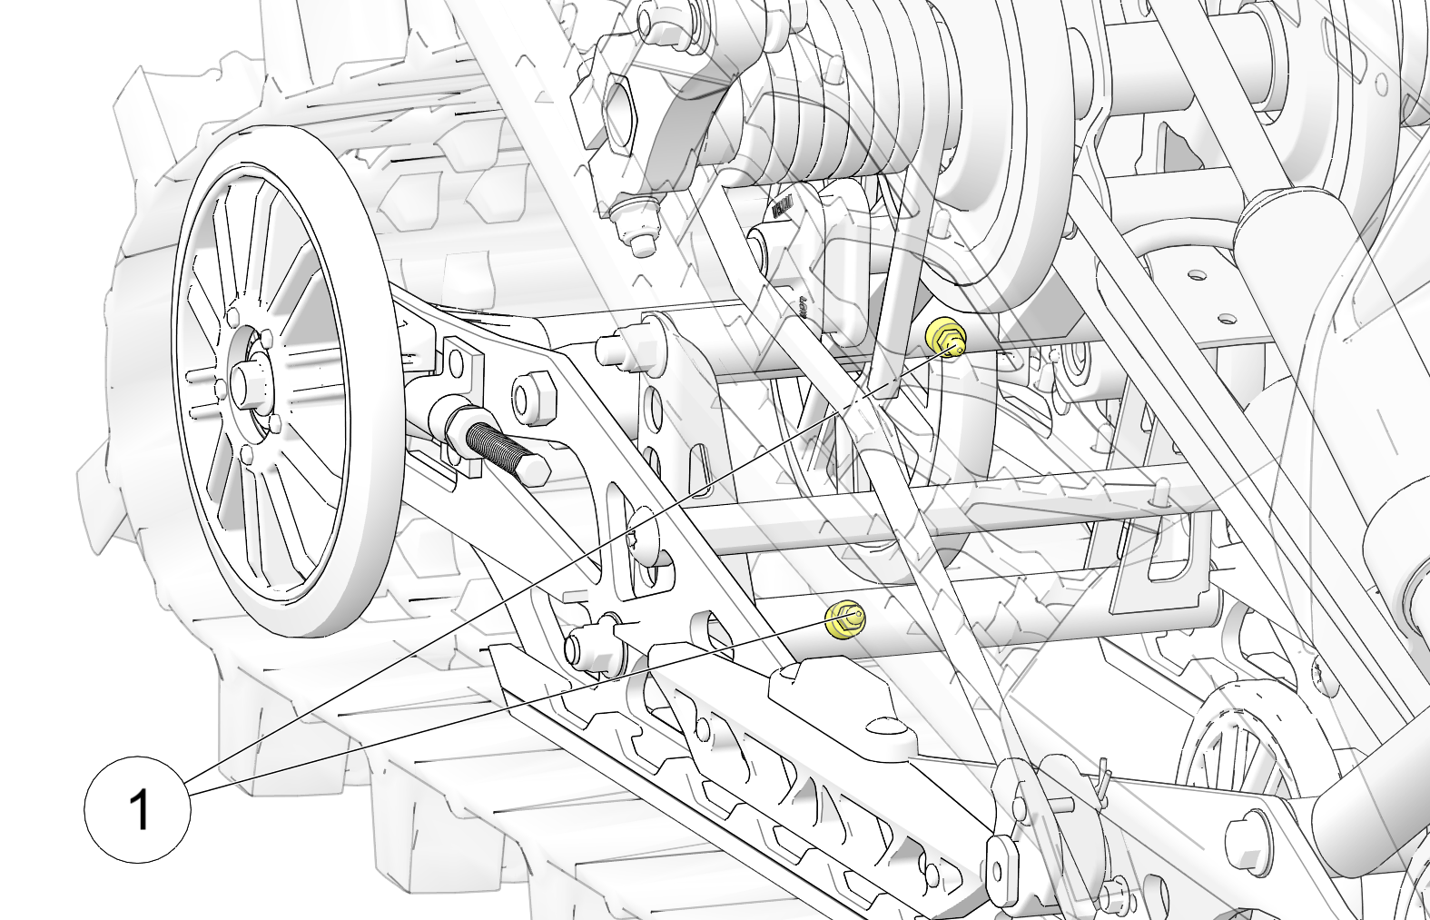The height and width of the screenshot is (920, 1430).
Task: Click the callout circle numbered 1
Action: (138, 809)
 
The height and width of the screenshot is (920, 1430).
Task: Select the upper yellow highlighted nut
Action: (945, 336)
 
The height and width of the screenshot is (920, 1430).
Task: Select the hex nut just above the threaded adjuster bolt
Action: (532, 398)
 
